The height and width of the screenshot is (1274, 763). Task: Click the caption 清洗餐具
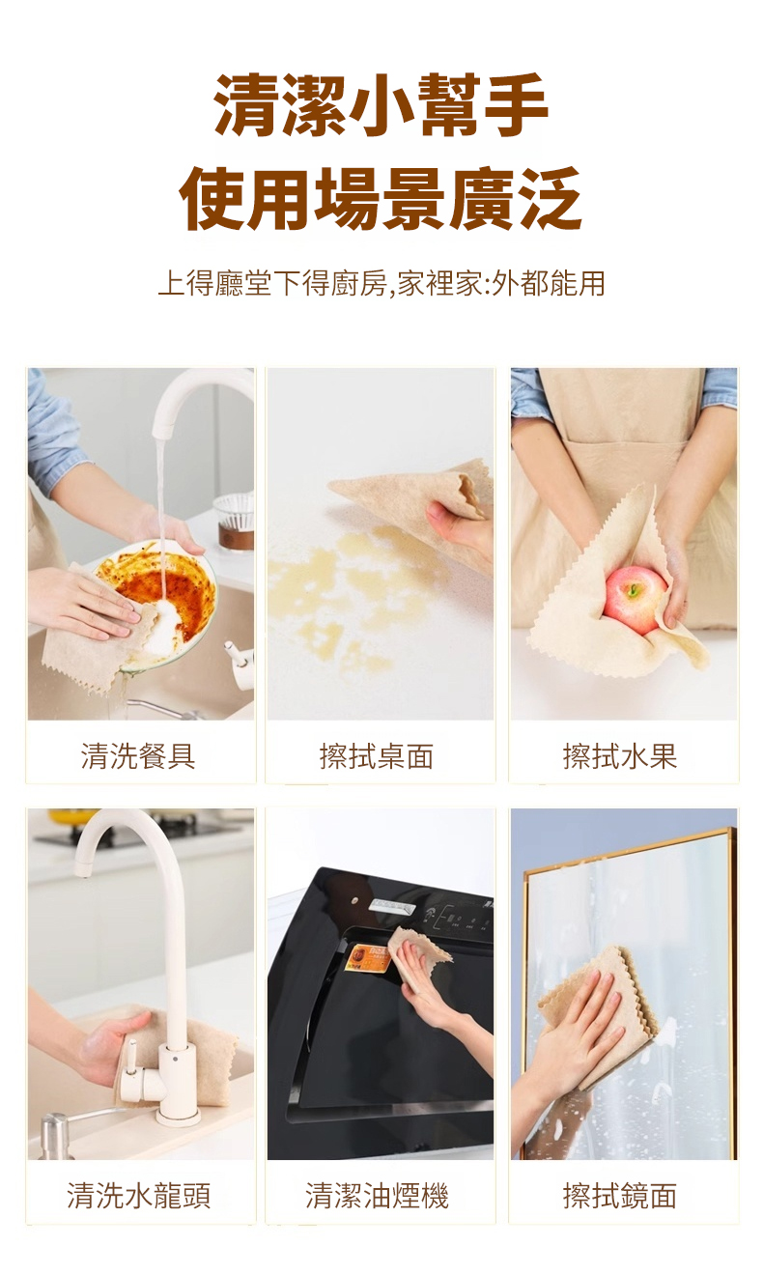tap(138, 756)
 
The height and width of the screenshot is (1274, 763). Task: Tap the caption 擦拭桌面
tap(377, 756)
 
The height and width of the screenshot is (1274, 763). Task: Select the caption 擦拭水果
tap(620, 756)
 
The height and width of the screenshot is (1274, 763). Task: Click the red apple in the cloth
tap(636, 599)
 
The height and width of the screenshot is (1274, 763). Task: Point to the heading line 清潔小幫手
tap(381, 106)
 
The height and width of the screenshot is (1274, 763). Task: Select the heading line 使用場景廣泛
tap(381, 198)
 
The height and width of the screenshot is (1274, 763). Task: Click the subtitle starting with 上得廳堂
tap(381, 283)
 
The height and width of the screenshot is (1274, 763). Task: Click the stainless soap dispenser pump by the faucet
tap(56, 1134)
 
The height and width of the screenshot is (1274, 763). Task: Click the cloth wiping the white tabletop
tap(418, 500)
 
